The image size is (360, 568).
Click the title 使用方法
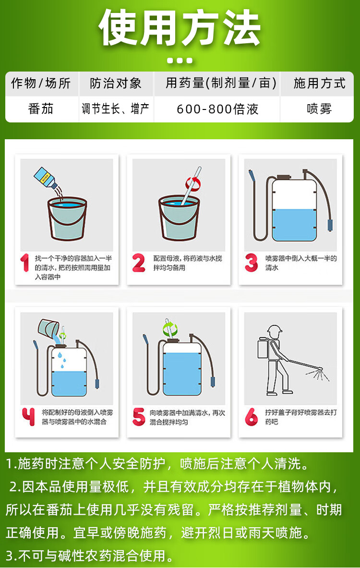coord(180,28)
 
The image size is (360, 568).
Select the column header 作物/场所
coord(41,84)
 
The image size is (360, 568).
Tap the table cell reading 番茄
coord(41,109)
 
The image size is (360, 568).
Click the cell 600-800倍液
coord(217,109)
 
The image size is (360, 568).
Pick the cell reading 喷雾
coord(319,109)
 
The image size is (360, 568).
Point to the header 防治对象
coord(116,84)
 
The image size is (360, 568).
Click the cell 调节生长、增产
coord(116,109)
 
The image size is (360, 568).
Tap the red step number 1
coord(24,262)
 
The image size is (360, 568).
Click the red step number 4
coord(29,417)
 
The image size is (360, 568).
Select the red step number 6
coord(251,417)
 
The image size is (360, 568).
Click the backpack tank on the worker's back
coord(264,348)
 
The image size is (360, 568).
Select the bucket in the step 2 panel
coord(179,218)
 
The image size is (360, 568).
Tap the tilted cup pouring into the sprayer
coord(49,328)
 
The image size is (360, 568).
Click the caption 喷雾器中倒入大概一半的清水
coord(301,263)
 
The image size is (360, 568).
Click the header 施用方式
coord(319,84)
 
